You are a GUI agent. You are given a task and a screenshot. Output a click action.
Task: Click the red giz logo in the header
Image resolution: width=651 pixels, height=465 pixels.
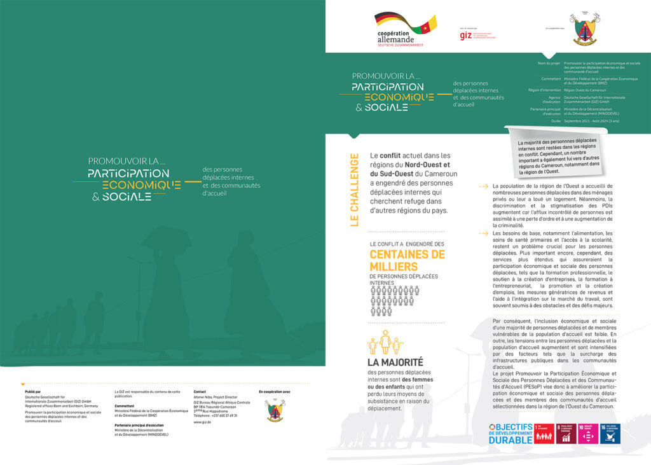coord(466,35)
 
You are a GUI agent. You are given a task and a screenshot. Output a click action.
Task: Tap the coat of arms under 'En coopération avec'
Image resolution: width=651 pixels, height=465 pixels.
coord(275,410)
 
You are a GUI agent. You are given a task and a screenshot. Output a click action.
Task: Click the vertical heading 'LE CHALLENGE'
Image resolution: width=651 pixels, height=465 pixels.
coord(354,190)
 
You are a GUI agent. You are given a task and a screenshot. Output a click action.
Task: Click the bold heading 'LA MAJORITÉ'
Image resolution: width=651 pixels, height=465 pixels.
coord(395,363)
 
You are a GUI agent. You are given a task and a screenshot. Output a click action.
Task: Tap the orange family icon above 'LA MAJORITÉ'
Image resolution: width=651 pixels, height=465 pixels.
coord(385,343)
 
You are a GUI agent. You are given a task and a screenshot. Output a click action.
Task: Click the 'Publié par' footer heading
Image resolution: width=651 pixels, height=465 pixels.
coord(33,392)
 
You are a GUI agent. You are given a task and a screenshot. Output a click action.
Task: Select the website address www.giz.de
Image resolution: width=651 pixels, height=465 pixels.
coord(202,422)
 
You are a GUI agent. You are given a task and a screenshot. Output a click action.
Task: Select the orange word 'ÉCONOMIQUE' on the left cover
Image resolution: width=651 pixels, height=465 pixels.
coord(141,185)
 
